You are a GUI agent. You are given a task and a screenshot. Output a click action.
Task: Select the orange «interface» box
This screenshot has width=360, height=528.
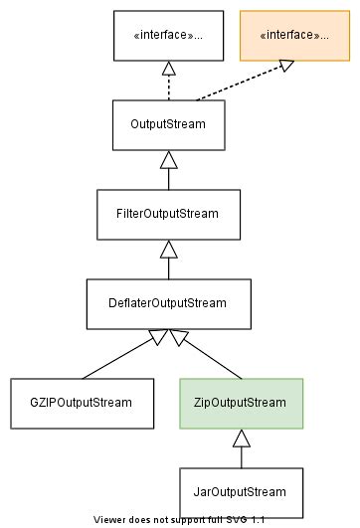click(x=293, y=36)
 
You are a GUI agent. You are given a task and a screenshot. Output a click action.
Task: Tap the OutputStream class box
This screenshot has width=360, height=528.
click(x=167, y=124)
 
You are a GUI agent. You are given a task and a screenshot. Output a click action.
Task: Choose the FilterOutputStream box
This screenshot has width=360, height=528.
click(x=167, y=213)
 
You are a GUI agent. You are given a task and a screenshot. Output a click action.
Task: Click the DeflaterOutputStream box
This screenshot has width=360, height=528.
click(x=167, y=302)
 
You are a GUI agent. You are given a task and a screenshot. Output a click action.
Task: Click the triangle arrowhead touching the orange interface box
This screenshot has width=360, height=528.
click(x=285, y=66)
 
